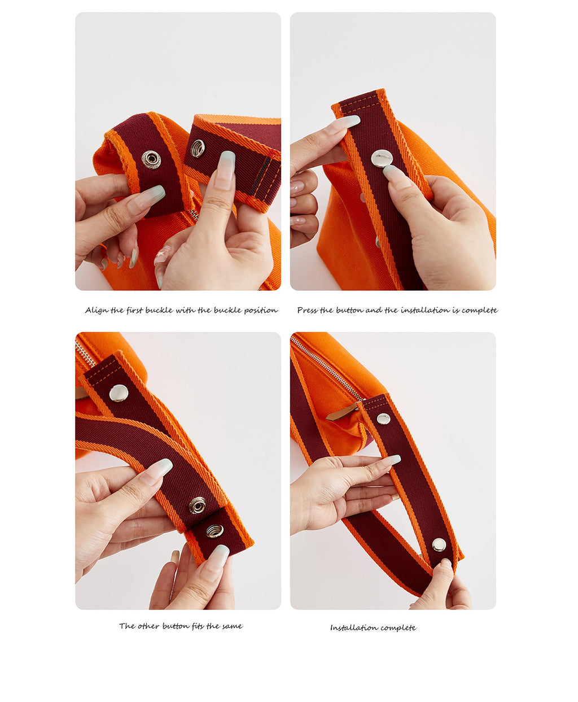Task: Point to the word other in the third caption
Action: coord(148,626)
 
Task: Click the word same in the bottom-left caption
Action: coord(232,626)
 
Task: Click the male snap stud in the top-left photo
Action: coord(151,159)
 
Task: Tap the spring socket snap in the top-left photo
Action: coord(198,148)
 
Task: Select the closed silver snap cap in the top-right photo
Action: coord(381,158)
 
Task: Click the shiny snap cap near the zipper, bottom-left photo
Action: coord(119,393)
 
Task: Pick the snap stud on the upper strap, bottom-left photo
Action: coord(198,505)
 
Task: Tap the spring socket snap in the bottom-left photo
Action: coord(214,530)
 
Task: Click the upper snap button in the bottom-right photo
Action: coord(383,419)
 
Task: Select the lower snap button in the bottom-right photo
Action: coord(439,545)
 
